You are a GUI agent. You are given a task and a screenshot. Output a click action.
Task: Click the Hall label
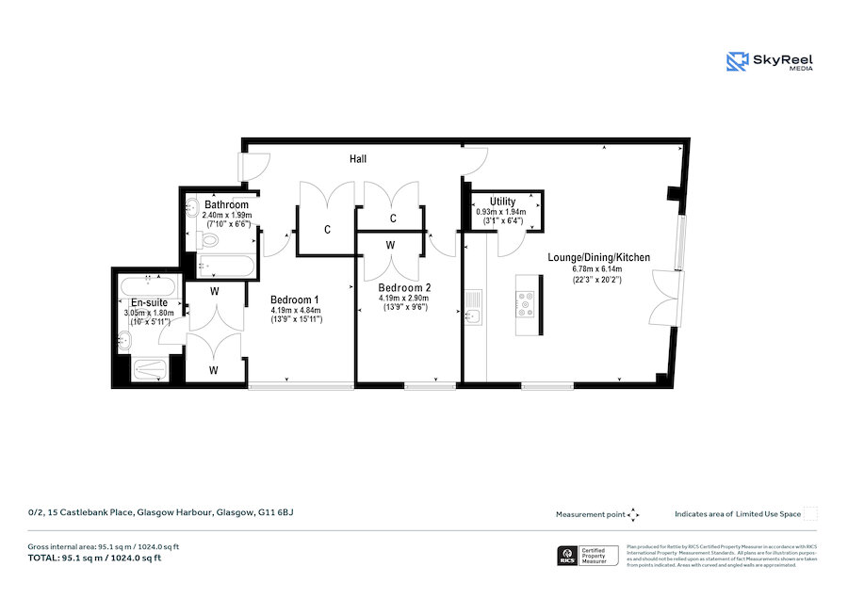pos(358,159)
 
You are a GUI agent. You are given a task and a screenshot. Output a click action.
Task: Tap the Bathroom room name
pos(226,204)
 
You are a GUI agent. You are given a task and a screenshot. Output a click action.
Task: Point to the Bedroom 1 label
pos(296,299)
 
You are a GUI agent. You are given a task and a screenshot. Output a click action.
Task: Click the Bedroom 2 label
pos(404,287)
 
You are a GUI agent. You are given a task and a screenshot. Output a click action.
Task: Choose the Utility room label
pos(502,202)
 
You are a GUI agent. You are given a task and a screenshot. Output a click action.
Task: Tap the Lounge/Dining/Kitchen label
pos(599,257)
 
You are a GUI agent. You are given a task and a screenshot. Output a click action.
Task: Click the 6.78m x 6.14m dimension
pos(599,269)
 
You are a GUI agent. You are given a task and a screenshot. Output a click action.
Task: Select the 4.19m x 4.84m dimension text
pos(296,310)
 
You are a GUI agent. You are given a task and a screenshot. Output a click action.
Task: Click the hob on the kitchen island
pos(525,302)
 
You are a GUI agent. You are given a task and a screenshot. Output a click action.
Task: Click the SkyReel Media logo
pos(770,62)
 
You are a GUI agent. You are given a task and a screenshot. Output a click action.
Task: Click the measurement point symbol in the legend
pos(633,514)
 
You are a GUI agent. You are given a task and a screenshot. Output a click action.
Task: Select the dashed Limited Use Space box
pos(810,514)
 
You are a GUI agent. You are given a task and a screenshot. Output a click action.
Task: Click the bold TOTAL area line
pos(94,558)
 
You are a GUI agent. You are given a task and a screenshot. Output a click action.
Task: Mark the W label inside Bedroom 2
pos(391,245)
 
